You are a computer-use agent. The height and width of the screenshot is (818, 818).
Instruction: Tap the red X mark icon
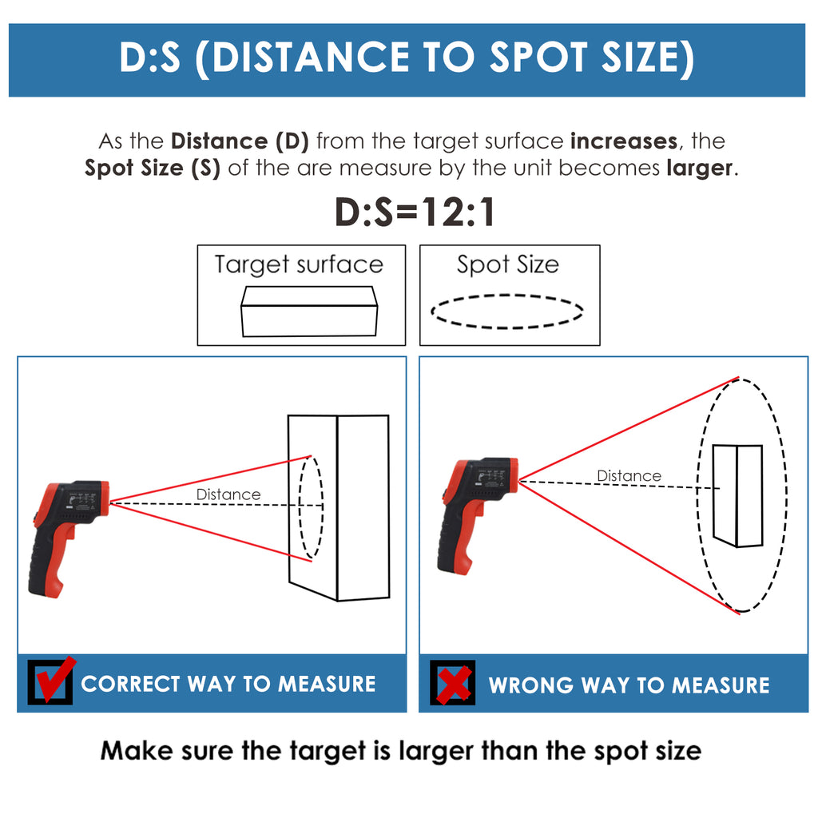[x=454, y=685]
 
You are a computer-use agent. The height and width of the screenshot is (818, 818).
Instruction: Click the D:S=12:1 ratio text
[x=415, y=212]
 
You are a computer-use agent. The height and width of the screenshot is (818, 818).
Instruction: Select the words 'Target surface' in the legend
[x=299, y=264]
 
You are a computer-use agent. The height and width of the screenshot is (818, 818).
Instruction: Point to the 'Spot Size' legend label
[x=508, y=264]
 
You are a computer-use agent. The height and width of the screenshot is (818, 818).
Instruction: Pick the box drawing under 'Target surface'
[x=309, y=311]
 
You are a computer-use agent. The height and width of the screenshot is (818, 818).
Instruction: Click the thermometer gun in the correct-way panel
[x=68, y=538]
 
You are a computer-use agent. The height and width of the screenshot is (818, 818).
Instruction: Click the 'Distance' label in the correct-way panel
[x=228, y=494]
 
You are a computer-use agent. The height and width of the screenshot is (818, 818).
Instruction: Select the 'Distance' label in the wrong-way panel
[x=629, y=476]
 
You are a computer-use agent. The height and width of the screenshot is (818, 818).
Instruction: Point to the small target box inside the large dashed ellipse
[x=737, y=495]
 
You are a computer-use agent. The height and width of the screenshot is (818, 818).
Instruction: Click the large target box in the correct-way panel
[x=339, y=507]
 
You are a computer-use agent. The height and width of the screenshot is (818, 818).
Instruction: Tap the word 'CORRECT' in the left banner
[x=130, y=684]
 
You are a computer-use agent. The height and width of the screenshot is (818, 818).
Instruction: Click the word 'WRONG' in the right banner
[x=531, y=685]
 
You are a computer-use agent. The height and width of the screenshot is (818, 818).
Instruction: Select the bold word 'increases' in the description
[x=624, y=141]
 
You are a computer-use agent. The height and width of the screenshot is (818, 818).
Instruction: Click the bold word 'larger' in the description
[x=700, y=169]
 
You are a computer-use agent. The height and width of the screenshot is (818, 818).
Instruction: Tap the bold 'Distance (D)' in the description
[x=240, y=141]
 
